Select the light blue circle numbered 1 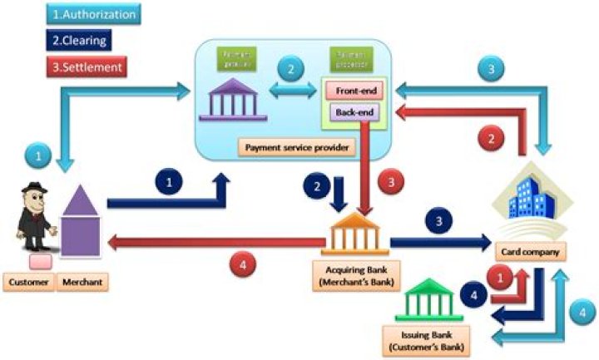[34, 154]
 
